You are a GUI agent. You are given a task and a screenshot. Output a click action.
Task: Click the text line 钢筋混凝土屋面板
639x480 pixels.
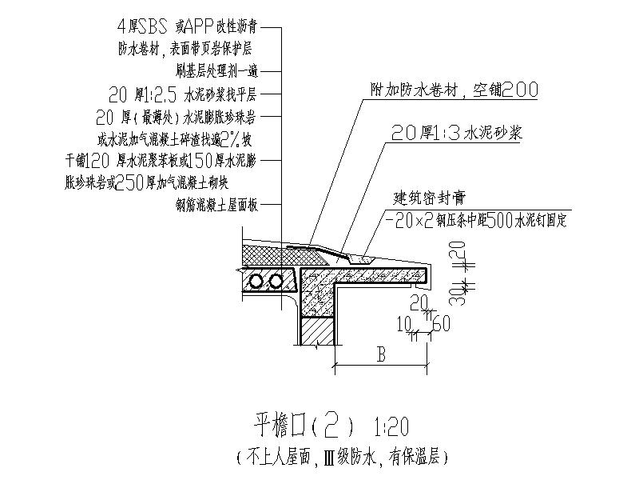[217, 204]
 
